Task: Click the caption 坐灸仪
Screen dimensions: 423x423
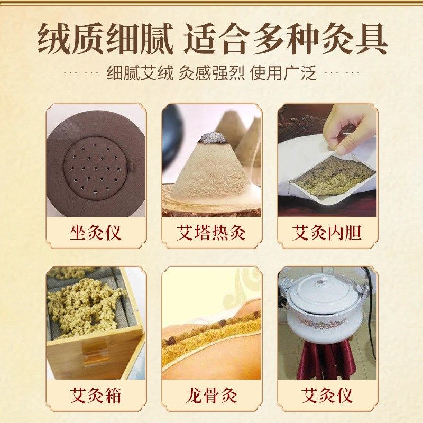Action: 95,233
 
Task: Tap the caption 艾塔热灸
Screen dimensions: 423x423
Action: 212,233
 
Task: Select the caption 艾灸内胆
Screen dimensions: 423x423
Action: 327,233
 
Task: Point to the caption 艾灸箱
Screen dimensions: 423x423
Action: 95,396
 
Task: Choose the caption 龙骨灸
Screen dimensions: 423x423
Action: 212,396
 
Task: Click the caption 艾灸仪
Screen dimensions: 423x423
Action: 327,396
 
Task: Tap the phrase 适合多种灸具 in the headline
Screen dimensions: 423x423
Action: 285,40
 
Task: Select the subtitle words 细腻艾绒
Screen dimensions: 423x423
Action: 140,73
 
